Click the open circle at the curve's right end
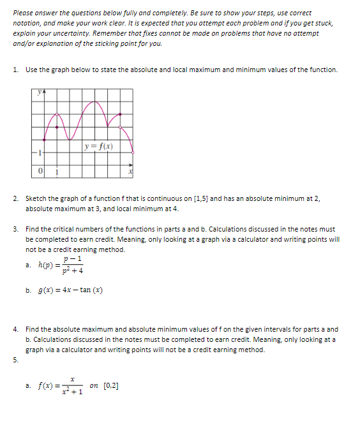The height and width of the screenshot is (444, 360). pos(133,152)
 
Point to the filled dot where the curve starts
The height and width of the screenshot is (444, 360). pos(44,140)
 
